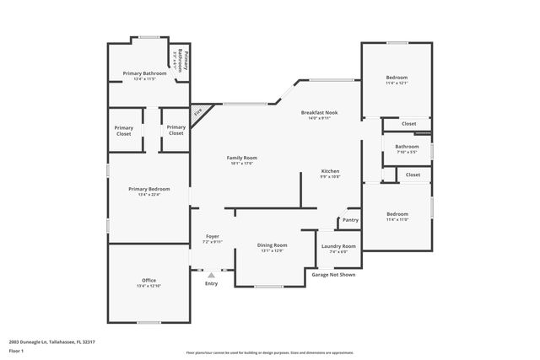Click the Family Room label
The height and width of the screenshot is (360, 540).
pos(241,158)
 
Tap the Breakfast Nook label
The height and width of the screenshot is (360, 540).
pos(320,112)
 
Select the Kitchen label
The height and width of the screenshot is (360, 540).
pos(330,170)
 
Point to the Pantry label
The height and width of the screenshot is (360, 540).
pos(350,221)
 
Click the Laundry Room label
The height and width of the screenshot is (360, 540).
pos(338,245)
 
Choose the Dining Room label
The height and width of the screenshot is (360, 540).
pos(273,244)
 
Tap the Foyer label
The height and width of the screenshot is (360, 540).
pos(212,235)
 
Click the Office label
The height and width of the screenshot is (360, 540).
pos(148,280)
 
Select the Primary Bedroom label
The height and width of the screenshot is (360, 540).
pos(148,189)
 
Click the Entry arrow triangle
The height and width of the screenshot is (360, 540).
pos(211,274)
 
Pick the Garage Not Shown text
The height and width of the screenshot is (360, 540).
pos(333,275)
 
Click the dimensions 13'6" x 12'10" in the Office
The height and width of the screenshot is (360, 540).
pos(148,287)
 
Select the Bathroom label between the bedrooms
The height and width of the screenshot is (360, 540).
pos(407,146)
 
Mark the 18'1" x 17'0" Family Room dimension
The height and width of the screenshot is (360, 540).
pos(241,164)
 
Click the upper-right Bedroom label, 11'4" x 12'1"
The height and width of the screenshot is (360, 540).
pos(397,77)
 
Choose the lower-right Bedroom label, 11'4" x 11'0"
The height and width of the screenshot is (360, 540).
pos(397,213)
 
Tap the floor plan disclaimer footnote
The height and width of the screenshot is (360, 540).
pos(270,352)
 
